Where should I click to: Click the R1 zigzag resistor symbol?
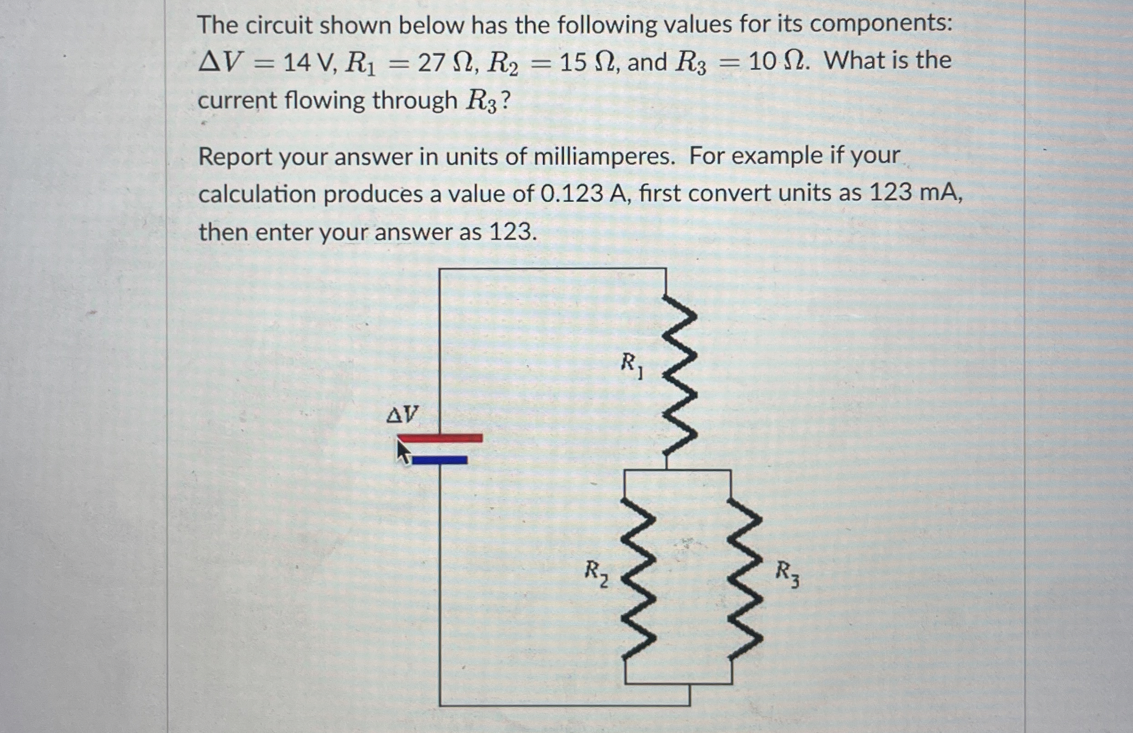(x=680, y=376)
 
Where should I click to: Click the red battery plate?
(x=440, y=438)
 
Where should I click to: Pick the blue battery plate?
(x=440, y=460)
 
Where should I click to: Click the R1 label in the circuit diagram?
(x=632, y=365)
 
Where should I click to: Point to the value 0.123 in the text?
(x=572, y=194)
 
